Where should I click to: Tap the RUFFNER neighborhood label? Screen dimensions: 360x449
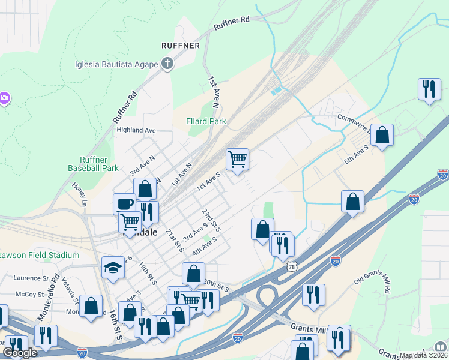click(179, 46)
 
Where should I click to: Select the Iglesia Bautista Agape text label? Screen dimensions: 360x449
click(116, 65)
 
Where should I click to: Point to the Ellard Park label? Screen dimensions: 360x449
click(206, 121)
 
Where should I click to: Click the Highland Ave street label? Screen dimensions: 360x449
click(136, 130)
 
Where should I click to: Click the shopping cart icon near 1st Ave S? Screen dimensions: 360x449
click(238, 159)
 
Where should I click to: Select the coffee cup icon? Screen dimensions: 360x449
click(124, 203)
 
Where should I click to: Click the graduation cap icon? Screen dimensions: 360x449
click(112, 267)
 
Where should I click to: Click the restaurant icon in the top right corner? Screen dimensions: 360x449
click(429, 89)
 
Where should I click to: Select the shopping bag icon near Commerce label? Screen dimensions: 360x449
click(382, 135)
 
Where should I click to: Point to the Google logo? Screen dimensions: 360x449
click(20, 352)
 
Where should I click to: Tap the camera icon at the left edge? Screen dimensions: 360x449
click(4, 97)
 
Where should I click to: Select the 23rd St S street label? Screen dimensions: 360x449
click(211, 221)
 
